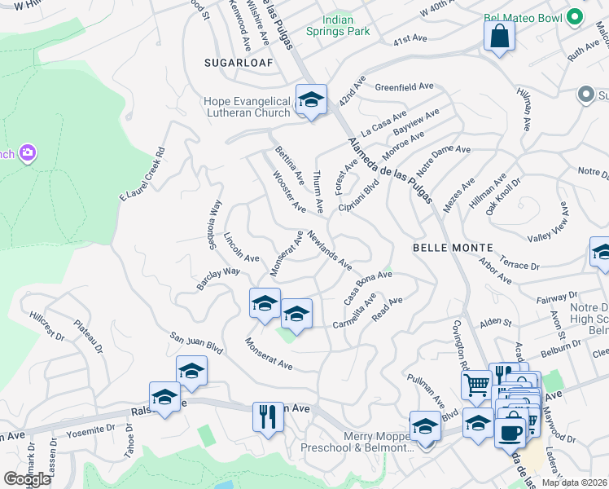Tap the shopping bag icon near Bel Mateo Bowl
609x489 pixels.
[499, 37]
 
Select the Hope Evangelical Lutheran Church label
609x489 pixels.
[247, 107]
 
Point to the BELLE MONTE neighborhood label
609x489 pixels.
[453, 247]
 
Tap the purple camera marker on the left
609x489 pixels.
[28, 153]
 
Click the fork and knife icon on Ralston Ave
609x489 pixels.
[267, 416]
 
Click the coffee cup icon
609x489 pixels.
[510, 432]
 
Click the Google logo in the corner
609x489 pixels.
[27, 479]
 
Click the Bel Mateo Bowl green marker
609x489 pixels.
[576, 17]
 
